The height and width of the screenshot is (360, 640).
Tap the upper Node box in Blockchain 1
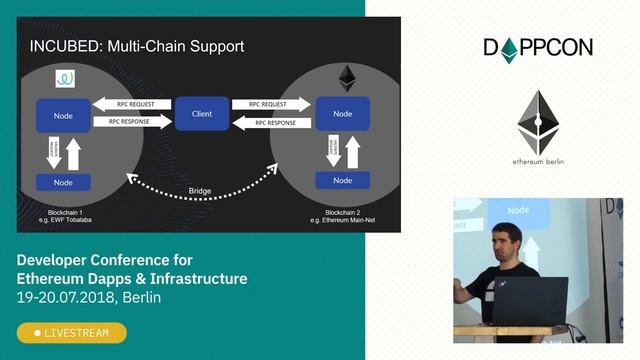(x=63, y=115)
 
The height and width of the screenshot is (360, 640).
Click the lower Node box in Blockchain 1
(x=63, y=182)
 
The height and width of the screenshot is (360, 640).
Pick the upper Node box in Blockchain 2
(x=342, y=114)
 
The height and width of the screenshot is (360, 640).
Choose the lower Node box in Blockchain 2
(x=342, y=180)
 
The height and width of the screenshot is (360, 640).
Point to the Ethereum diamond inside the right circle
(x=348, y=77)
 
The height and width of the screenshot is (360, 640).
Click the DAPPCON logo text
(x=538, y=47)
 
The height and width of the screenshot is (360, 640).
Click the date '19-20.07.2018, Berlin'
(x=89, y=297)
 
